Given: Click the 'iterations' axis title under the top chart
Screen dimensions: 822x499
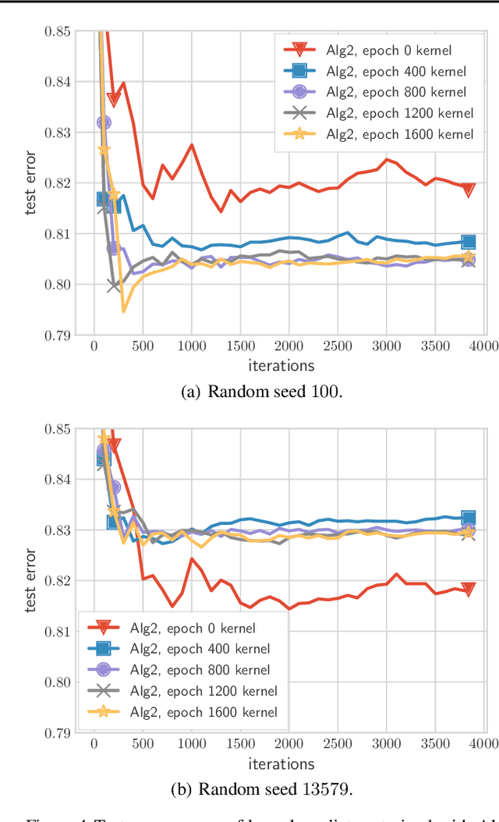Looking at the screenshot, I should click(281, 365).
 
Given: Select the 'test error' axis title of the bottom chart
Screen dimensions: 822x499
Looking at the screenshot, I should click(31, 580).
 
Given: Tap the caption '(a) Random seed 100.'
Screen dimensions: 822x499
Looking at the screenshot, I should click(261, 392).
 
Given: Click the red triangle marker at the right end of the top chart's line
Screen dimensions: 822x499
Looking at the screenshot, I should click(468, 190).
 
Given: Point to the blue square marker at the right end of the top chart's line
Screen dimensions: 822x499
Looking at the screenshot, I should click(469, 243).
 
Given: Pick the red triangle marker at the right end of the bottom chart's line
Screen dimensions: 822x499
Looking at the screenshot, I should click(468, 590).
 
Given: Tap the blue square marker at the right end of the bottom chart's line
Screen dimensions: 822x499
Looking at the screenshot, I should click(469, 518).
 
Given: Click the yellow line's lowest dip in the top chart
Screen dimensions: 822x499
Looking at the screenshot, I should click(123, 311).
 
